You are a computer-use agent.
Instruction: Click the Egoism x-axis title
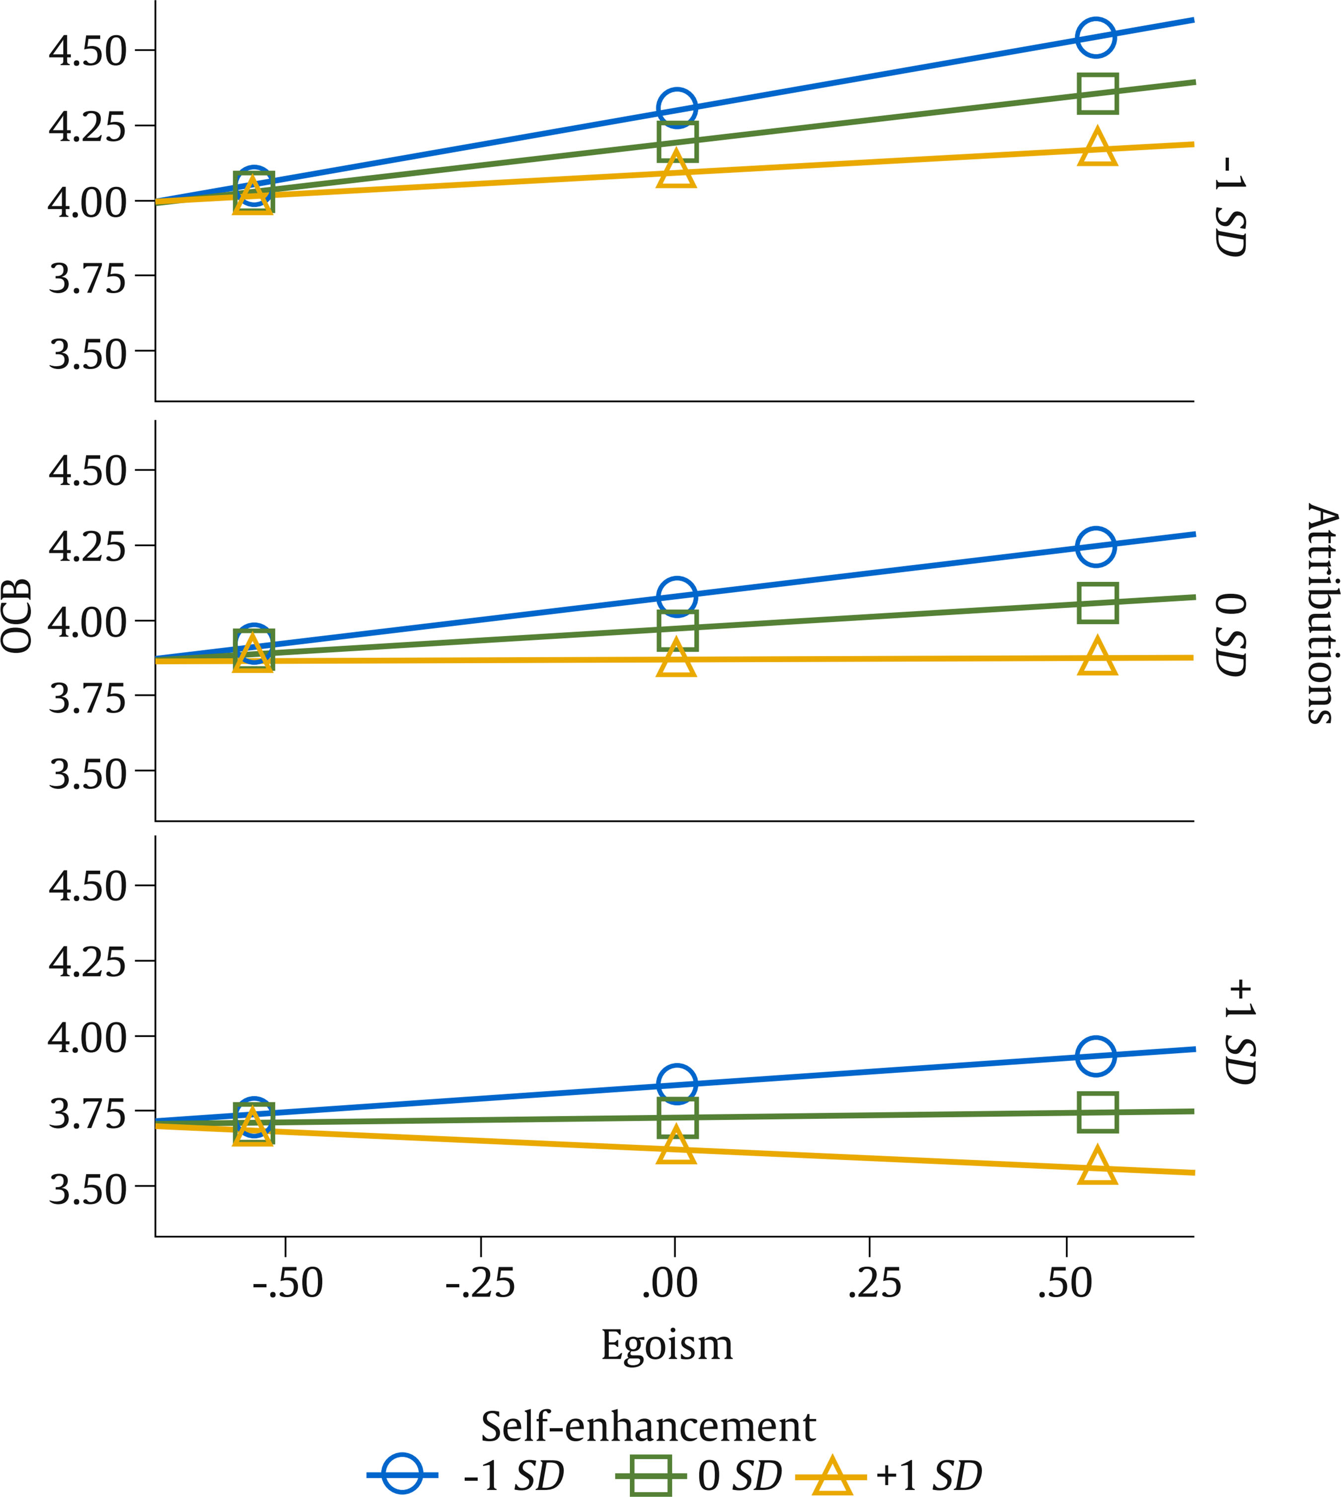[x=667, y=1345]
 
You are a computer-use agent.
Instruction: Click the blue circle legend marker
[x=402, y=1474]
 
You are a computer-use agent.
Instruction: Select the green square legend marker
[x=651, y=1474]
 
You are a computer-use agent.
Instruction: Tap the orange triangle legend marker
[x=832, y=1474]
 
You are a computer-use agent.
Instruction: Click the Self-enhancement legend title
[x=648, y=1427]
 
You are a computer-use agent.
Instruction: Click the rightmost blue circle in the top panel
[x=1096, y=37]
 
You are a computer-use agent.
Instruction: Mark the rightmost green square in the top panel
[x=1097, y=93]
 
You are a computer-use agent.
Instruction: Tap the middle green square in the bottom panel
[x=677, y=1117]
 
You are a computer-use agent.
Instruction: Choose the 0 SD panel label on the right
[x=1230, y=634]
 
